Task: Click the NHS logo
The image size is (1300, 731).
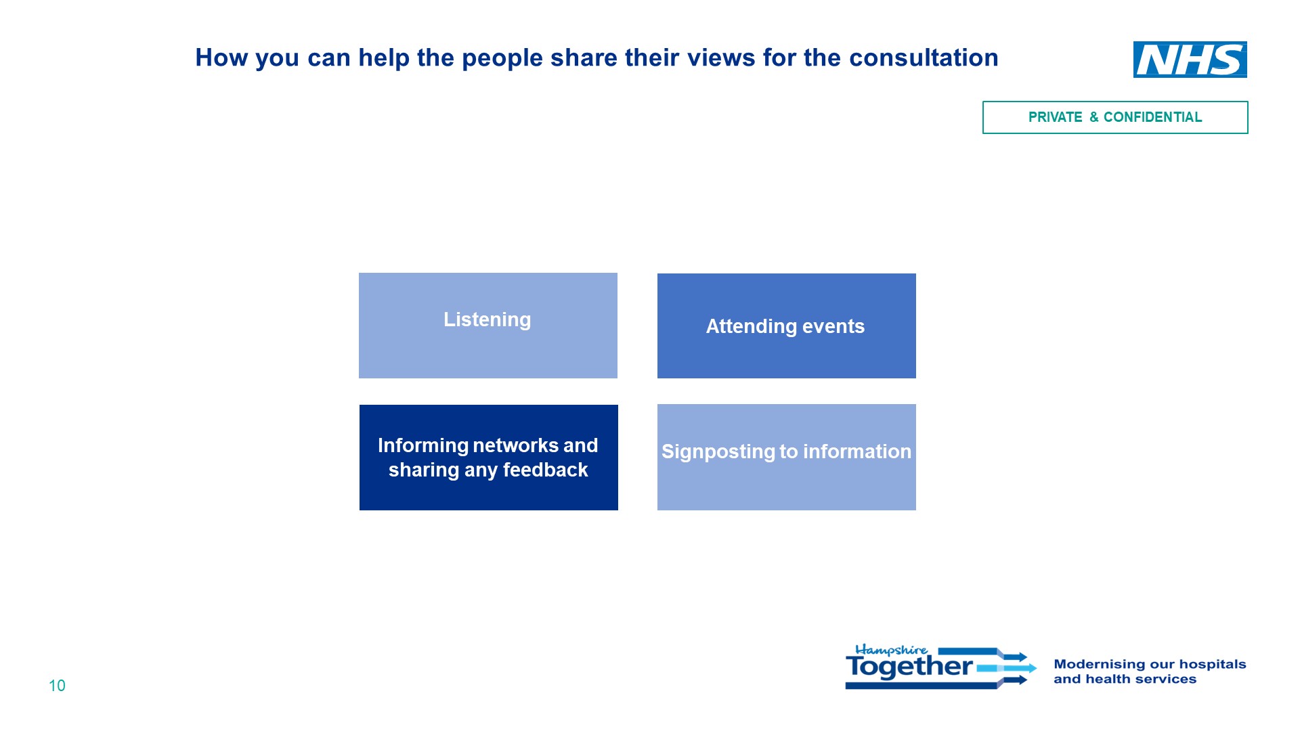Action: coord(1190,60)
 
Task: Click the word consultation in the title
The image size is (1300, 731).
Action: coord(924,58)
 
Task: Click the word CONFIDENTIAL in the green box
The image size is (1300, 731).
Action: coord(1152,117)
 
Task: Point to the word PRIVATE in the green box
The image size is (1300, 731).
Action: coord(1055,117)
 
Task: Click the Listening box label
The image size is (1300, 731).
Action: coord(487,319)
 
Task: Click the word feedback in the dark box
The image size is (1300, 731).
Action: coord(545,470)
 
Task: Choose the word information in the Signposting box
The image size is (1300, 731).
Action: coord(856,451)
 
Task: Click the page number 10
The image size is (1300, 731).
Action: coord(57,686)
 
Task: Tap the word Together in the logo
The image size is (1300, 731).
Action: coord(909,667)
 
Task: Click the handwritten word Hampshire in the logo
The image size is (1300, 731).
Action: coord(892,650)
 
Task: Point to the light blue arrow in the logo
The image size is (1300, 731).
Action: coord(1006,668)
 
